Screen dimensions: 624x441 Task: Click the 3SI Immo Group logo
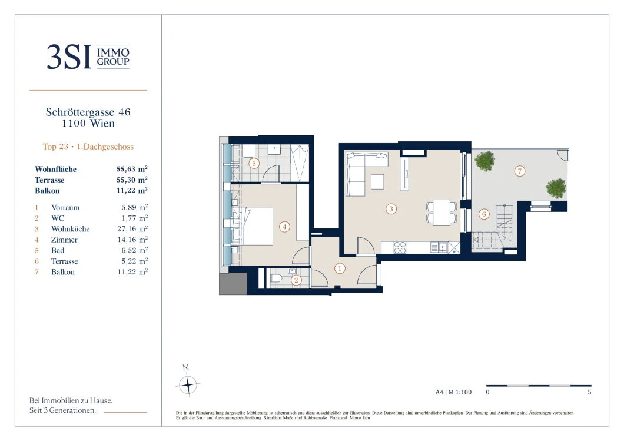pos(88,57)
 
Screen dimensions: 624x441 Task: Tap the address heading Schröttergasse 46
pos(88,112)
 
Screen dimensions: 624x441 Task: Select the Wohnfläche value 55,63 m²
pos(132,169)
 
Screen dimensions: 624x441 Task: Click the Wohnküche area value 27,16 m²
pos(132,229)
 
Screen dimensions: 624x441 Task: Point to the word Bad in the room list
pos(57,250)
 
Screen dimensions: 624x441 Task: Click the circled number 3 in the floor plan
pos(391,209)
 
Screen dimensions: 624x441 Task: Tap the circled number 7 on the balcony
pos(519,171)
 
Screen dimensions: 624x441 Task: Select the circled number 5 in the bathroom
pos(254,163)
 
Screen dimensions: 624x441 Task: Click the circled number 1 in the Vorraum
pos(340,268)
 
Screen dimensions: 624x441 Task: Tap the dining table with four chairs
pos(442,212)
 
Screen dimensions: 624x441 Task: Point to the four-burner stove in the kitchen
pos(400,247)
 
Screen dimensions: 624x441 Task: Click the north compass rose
pos(187,384)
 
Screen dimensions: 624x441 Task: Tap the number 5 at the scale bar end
pos(589,392)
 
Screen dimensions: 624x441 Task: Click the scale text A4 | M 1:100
pos(453,392)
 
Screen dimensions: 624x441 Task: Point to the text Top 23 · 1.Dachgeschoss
pos(88,147)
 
